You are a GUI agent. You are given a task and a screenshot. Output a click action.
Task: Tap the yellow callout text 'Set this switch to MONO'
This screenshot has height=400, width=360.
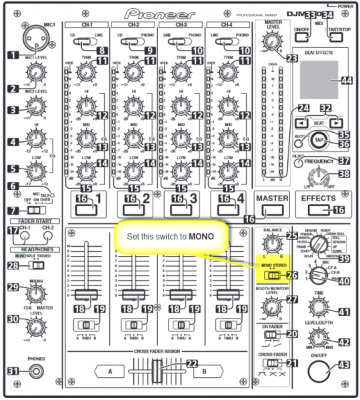pos(172,237)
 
